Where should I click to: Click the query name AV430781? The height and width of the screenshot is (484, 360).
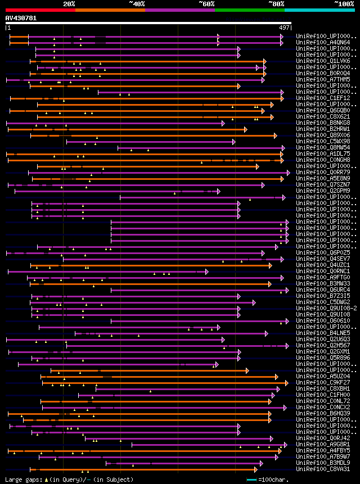click(x=21, y=18)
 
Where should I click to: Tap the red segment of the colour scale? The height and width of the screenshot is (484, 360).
click(x=40, y=10)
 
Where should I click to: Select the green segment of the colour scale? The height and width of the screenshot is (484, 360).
click(x=249, y=10)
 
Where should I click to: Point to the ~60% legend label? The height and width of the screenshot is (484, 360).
click(x=206, y=4)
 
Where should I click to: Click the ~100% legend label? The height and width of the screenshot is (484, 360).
click(x=344, y=4)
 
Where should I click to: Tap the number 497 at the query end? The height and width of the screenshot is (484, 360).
click(x=284, y=28)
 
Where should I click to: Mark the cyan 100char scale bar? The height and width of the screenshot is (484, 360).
click(x=251, y=480)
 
